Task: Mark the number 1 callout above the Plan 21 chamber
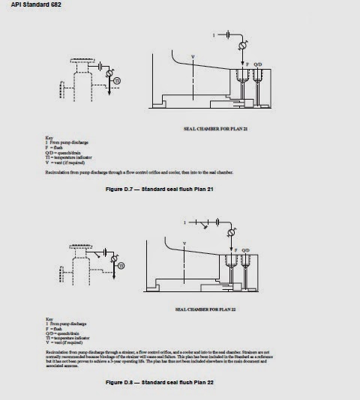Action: pyautogui.click(x=214, y=34)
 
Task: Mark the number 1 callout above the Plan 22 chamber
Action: pyautogui.click(x=184, y=221)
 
